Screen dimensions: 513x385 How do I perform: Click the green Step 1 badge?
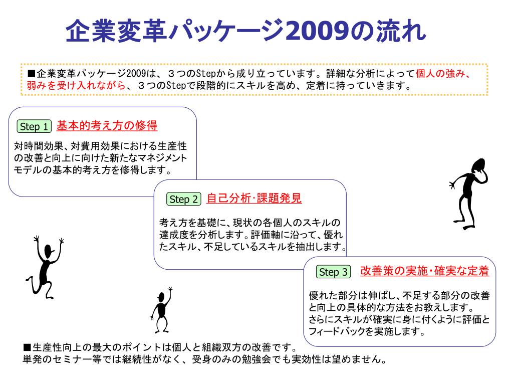tap(34, 127)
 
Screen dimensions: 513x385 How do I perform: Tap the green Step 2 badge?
tap(183, 200)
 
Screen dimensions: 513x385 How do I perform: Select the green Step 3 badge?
tap(333, 272)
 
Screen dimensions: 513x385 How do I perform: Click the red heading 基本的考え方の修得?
tap(107, 126)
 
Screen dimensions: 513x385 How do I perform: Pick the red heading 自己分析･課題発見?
tap(254, 199)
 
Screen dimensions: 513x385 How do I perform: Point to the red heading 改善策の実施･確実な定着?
tap(424, 271)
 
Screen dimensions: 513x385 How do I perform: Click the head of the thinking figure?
tap(478, 165)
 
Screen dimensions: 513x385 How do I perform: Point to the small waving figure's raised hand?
tap(170, 289)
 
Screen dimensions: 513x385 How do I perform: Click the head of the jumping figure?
tap(48, 251)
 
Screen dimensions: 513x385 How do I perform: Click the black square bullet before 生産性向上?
tap(27, 348)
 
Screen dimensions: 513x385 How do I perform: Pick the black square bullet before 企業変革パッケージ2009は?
tap(31, 74)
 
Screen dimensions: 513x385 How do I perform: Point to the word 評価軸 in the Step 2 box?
tap(263, 235)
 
